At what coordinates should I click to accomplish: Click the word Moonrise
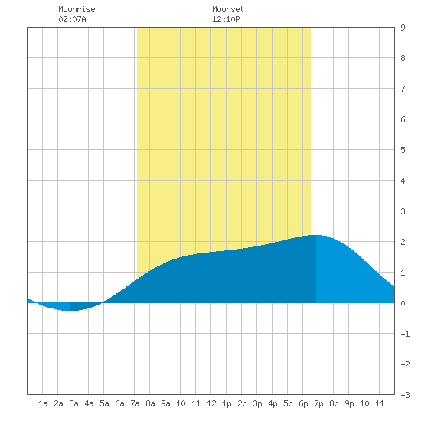coord(77,9)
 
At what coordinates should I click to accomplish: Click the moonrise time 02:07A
coord(72,19)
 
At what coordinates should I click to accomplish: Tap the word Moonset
coord(228,9)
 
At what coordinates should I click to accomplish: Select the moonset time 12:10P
coord(226,19)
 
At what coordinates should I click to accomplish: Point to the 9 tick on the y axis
coord(403,28)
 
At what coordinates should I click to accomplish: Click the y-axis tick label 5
coord(403,150)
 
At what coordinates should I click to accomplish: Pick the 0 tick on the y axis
coord(403,303)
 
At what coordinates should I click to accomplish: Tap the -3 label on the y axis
coord(405,395)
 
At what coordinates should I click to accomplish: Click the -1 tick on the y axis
coord(405,334)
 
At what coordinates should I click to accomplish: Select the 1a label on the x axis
coord(43,403)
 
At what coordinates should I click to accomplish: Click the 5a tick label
coord(104,403)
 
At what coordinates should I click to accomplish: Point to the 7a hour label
coord(135,403)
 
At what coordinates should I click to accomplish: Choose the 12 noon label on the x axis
coord(211,403)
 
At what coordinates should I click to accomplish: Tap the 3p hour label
coord(257,403)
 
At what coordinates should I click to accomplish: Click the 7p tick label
coord(318,403)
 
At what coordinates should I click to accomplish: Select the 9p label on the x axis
coord(349,403)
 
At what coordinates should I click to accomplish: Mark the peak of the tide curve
coord(316,235)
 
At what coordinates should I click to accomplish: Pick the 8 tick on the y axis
coord(403,58)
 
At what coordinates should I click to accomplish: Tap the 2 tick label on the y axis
coord(403,242)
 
